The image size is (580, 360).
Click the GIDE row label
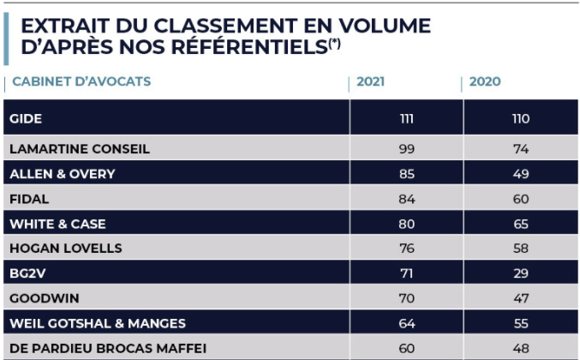coord(25,118)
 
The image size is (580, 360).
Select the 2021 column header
coord(370,82)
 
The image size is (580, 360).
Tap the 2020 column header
coord(485,82)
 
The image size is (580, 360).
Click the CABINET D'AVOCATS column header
coord(81,82)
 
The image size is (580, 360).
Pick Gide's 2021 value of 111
coord(406,118)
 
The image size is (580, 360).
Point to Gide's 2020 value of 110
coord(520,118)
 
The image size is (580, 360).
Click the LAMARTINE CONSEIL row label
coord(79,148)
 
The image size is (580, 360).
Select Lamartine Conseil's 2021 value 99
coord(406,148)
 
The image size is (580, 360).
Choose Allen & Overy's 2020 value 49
coord(520,173)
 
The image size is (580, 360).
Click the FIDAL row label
coord(28,199)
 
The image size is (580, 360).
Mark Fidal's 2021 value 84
coord(406,199)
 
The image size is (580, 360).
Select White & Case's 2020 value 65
coord(520,224)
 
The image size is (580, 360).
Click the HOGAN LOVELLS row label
coord(65,249)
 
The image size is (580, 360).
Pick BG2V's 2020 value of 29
coord(520,273)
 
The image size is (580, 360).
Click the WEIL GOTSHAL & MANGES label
coord(97,323)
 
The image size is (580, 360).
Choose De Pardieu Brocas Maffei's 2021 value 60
coord(406,348)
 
